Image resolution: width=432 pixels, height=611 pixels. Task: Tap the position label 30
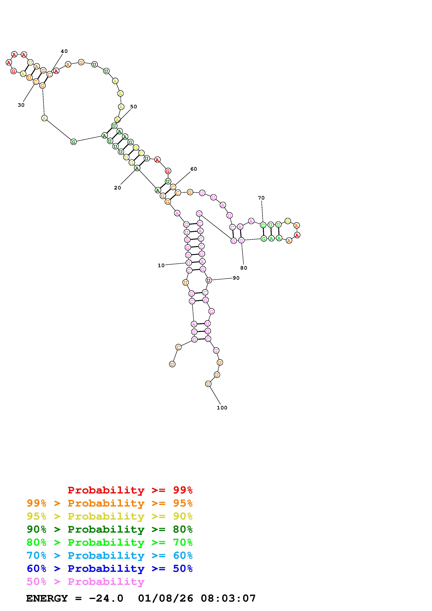[x=21, y=105]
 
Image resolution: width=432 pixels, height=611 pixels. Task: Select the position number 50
[x=134, y=107]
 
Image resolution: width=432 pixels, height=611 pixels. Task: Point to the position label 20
[x=117, y=188]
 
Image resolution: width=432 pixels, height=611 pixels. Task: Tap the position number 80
[x=244, y=268]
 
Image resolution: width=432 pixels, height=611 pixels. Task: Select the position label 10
[x=161, y=265]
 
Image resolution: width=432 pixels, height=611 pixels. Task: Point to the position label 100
[x=222, y=408]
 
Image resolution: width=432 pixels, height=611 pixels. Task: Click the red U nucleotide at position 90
[x=209, y=280]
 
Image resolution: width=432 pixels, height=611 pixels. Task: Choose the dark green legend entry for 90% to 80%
[x=109, y=529]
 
